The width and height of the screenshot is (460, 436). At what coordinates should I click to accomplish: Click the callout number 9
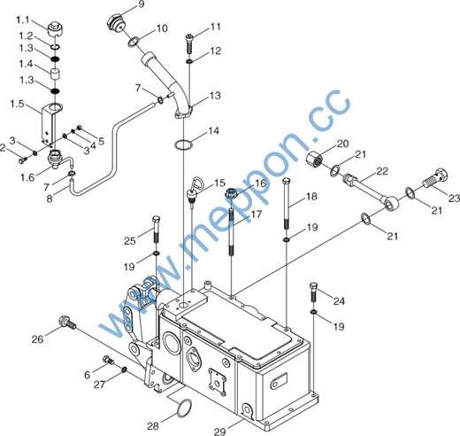(x=142, y=4)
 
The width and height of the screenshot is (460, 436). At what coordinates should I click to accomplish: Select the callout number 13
(x=215, y=96)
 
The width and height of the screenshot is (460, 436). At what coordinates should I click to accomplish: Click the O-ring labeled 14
(x=183, y=144)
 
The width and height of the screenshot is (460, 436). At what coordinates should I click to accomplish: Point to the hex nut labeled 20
(x=314, y=159)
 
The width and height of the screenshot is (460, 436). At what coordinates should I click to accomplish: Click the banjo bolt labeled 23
(x=436, y=177)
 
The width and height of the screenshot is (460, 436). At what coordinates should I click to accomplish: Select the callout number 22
(x=382, y=171)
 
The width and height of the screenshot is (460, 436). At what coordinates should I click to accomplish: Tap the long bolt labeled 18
(x=287, y=204)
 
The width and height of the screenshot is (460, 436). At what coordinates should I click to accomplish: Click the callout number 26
(x=37, y=339)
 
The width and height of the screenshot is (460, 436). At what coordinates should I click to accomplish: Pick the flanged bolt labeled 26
(x=67, y=323)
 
